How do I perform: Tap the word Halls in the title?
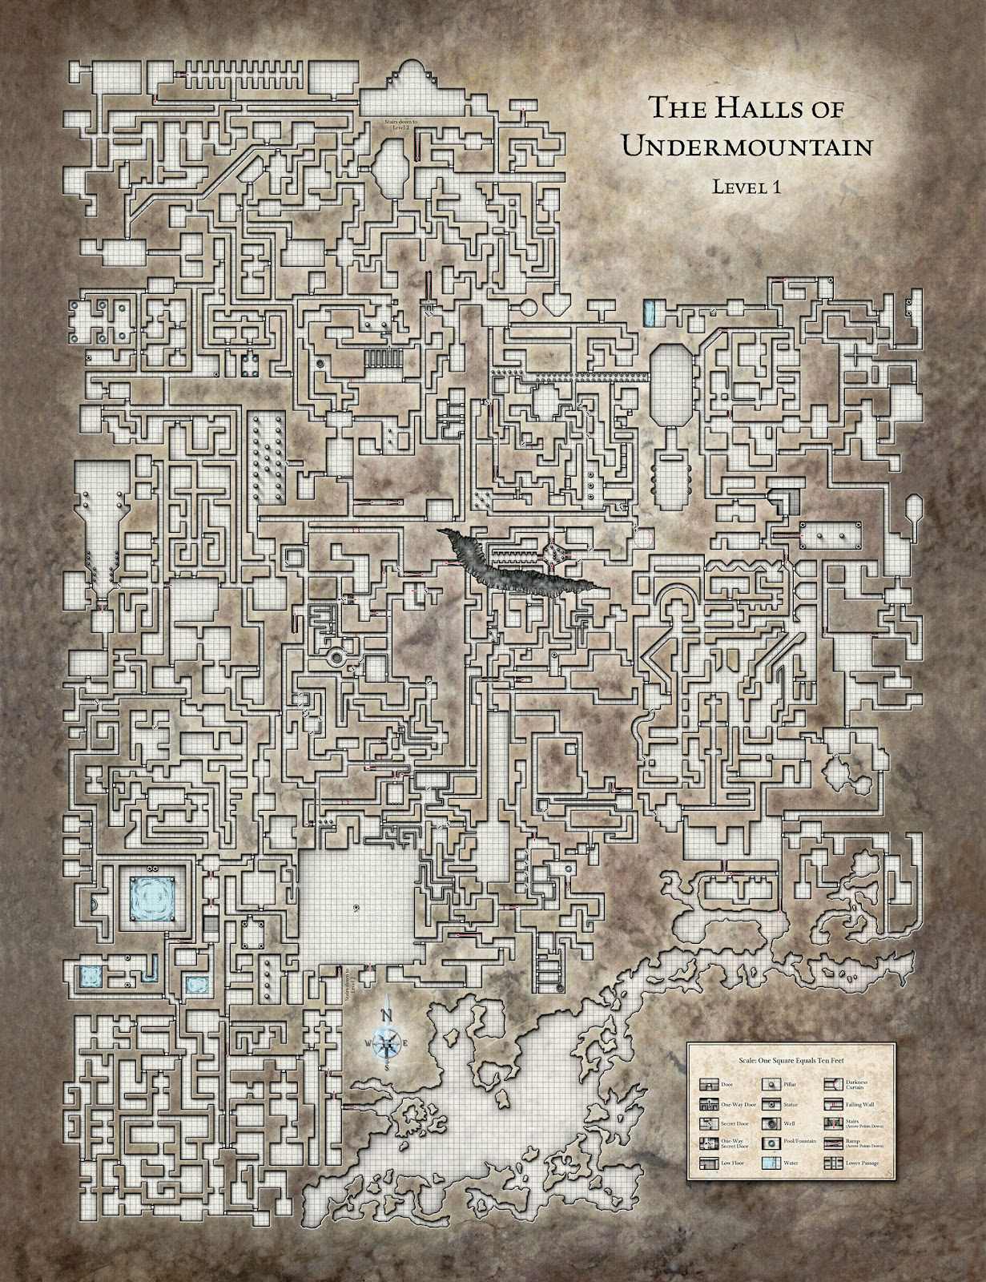(x=751, y=107)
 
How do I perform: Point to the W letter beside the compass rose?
(x=368, y=1042)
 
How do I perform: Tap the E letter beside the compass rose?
(x=405, y=1042)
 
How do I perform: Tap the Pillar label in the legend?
(x=790, y=1084)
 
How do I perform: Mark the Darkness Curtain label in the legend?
(x=856, y=1085)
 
